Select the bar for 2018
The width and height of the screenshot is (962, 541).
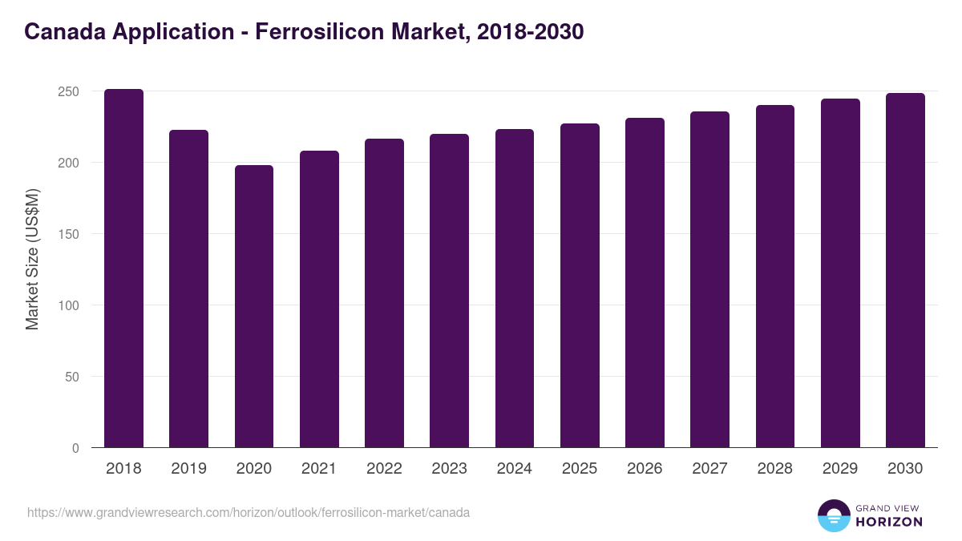(123, 268)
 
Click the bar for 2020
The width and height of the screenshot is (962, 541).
(254, 306)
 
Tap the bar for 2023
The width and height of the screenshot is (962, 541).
(449, 291)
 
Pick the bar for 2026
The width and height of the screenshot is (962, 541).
(645, 283)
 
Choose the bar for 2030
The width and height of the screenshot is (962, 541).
(905, 270)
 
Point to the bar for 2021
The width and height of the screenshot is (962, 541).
(319, 299)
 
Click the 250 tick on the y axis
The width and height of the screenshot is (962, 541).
(69, 91)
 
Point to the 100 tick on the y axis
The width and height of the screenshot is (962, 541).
(69, 305)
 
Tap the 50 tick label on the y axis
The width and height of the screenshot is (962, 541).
(72, 377)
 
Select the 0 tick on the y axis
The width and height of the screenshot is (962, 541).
(75, 448)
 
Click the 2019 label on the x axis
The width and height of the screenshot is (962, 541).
(188, 469)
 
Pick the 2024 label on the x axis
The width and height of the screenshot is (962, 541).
(514, 469)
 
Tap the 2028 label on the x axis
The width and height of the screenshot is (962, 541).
(774, 469)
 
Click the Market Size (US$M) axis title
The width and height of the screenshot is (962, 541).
(32, 259)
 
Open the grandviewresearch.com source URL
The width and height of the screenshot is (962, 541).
(249, 512)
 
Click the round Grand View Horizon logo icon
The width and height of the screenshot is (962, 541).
(834, 515)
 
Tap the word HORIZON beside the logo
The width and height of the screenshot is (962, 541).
(888, 522)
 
